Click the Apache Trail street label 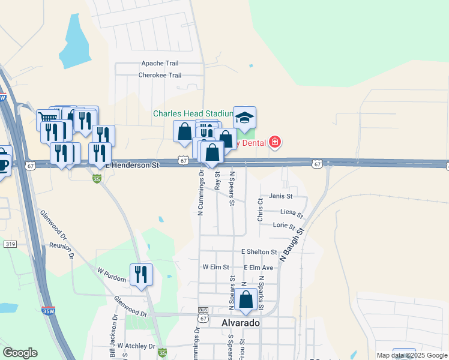(x=160, y=64)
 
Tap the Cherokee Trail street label (x=160, y=76)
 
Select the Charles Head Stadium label (x=193, y=113)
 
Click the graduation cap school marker (x=244, y=118)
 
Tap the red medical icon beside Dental (x=275, y=142)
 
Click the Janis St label (x=280, y=196)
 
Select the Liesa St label (x=292, y=212)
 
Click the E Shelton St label (x=259, y=252)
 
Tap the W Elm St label (x=216, y=267)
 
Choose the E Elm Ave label (x=259, y=268)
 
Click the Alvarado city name (x=241, y=323)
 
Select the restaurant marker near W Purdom (x=141, y=274)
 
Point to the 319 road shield (x=10, y=244)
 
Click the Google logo (x=20, y=353)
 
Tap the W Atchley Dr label (x=136, y=346)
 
